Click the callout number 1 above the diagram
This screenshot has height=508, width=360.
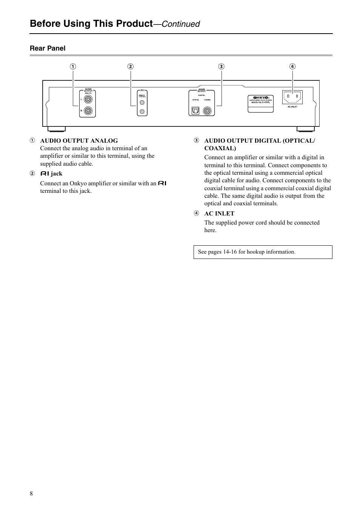[x=73, y=66]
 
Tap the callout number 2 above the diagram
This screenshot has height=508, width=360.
[x=130, y=66]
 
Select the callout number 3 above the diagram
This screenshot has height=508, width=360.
[x=221, y=66]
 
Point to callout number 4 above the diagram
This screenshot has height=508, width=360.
[x=292, y=66]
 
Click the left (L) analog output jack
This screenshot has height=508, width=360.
[x=88, y=99]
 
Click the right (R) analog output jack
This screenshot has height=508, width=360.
[x=88, y=111]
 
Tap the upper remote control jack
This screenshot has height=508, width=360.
[x=142, y=102]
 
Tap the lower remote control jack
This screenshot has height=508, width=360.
[x=142, y=111]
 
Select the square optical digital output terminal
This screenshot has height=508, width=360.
[x=195, y=111]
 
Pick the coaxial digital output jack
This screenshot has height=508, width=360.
[x=207, y=111]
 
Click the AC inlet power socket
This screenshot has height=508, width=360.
[x=292, y=97]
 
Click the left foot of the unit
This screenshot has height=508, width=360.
[x=57, y=129]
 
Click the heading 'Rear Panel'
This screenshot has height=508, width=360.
[x=48, y=48]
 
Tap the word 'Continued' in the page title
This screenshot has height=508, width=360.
[x=181, y=24]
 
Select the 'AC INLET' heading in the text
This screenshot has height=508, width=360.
[x=219, y=213]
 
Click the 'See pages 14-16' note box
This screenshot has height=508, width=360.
[x=263, y=252]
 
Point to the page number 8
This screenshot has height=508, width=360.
[x=31, y=494]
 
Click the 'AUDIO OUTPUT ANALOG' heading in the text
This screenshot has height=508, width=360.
[x=79, y=141]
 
